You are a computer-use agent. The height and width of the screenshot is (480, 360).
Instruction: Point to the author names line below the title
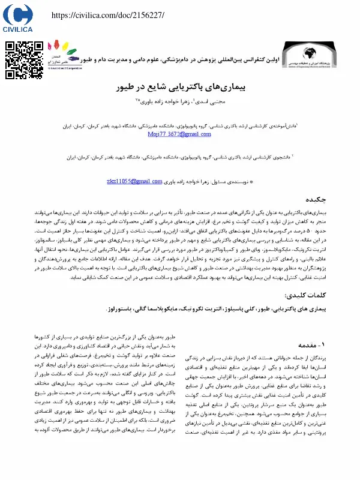[x=179, y=103]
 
